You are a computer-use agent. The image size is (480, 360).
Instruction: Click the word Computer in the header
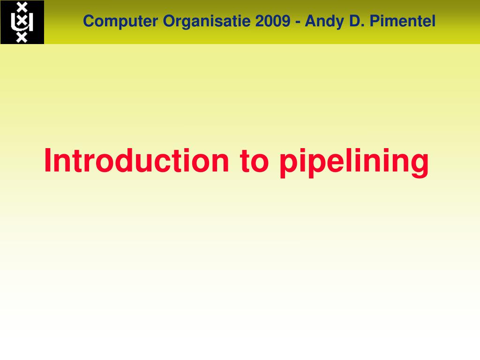tap(121, 21)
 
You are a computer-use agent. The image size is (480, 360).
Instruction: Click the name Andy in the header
tap(321, 22)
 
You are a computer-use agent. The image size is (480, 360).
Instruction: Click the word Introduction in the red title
tap(136, 160)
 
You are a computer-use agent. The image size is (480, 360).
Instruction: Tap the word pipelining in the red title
tap(354, 162)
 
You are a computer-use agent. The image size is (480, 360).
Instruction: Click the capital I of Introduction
tap(48, 160)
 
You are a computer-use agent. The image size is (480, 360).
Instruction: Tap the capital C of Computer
tap(88, 21)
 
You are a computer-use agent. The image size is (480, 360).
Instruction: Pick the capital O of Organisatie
tap(168, 21)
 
